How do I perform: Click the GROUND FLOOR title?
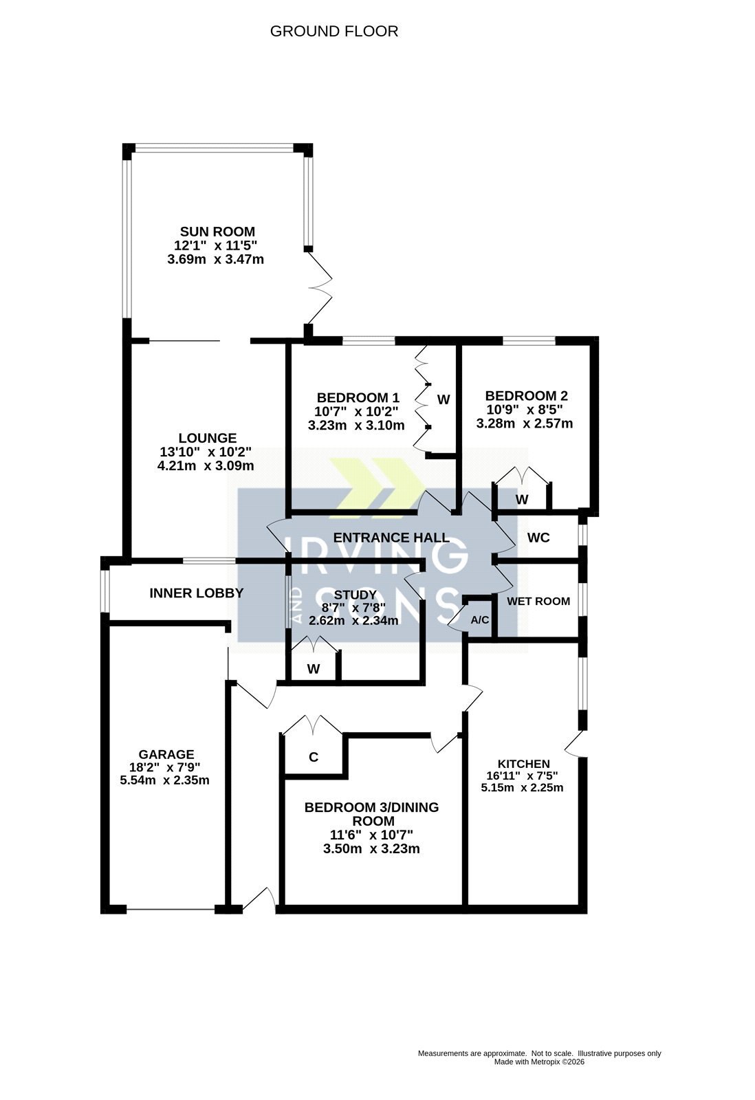click(x=334, y=32)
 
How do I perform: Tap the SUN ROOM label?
click(x=217, y=232)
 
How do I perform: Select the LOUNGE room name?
click(x=207, y=438)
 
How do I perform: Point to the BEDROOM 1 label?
click(x=358, y=398)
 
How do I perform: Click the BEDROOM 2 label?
click(x=527, y=396)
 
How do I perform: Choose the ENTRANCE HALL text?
click(x=391, y=538)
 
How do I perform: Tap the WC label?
click(x=538, y=538)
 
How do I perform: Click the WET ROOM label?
click(x=538, y=601)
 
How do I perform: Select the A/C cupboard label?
click(x=480, y=620)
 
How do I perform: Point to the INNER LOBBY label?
click(x=197, y=593)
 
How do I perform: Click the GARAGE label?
click(x=166, y=754)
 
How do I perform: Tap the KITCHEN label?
click(x=524, y=764)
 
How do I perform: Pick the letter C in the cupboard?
click(x=314, y=757)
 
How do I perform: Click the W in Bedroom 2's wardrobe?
click(x=522, y=499)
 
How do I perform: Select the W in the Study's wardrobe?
click(x=314, y=669)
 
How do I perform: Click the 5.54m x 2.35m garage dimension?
click(x=164, y=780)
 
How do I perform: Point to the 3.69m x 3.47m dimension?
click(x=216, y=259)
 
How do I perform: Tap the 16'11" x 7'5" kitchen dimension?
click(x=522, y=776)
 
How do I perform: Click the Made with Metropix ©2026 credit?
click(x=539, y=1061)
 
